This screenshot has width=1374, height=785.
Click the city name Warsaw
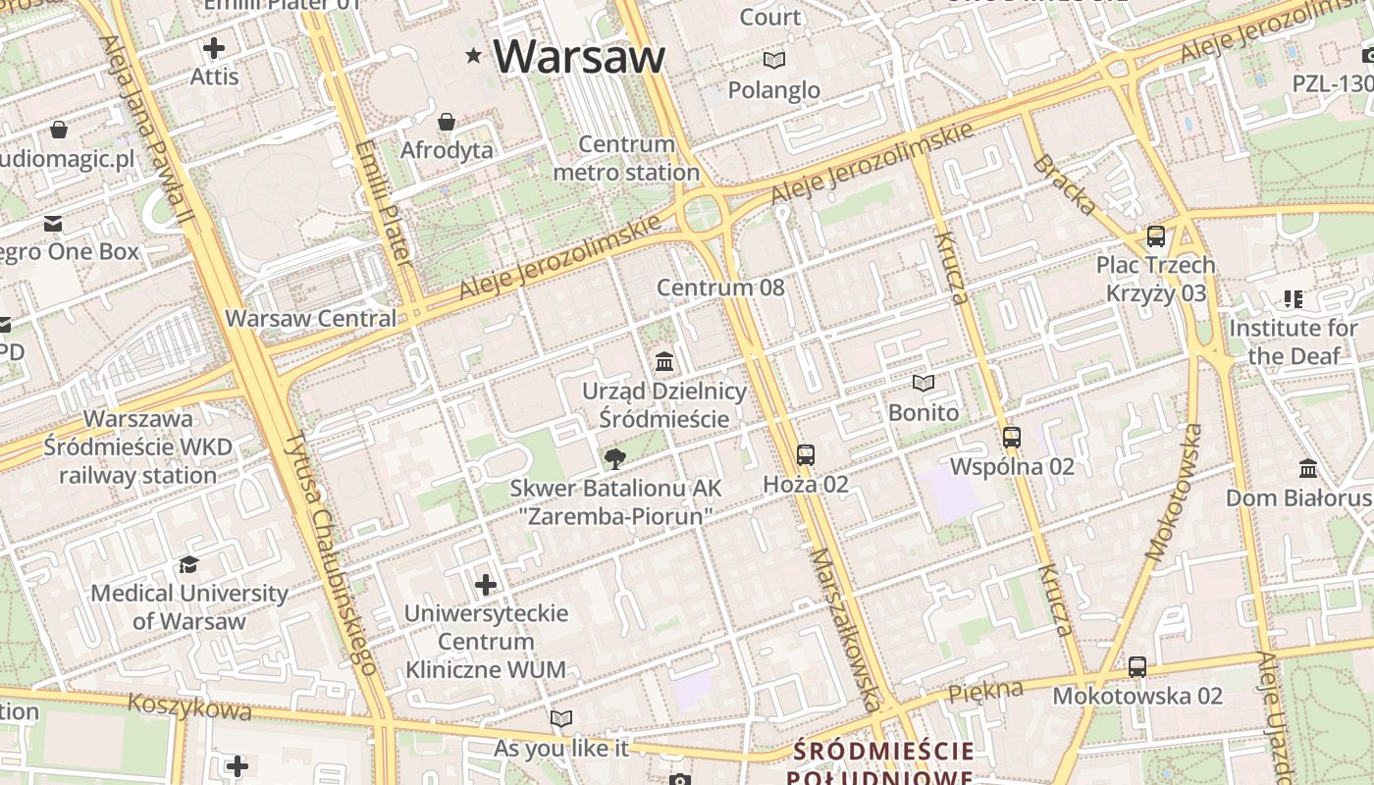coord(579,57)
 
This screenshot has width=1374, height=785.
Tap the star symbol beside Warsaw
coord(474,56)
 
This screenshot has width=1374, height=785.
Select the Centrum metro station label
coord(626,159)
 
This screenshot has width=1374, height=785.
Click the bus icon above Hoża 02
coord(806,455)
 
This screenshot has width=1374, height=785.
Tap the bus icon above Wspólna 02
coord(1012,438)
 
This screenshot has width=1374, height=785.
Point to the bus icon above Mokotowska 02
coord(1137,667)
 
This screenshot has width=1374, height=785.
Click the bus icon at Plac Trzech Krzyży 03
coord(1156,236)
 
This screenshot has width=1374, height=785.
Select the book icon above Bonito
coord(923,384)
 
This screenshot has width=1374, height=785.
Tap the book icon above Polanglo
coord(774,61)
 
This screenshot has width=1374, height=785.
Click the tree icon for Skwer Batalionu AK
coord(615,458)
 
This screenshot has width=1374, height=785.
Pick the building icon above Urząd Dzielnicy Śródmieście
coord(664,362)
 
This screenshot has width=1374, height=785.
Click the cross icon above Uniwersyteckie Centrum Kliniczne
coord(486,586)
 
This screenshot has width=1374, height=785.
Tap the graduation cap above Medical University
coord(188,564)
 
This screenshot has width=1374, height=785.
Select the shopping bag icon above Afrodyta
coord(447,122)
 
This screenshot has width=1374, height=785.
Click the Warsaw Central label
coord(311,319)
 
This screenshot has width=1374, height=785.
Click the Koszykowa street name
coord(189,706)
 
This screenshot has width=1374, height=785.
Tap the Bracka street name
coord(1064,184)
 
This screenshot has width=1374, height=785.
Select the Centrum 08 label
coord(720,288)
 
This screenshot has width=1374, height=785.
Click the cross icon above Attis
coord(214,47)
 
